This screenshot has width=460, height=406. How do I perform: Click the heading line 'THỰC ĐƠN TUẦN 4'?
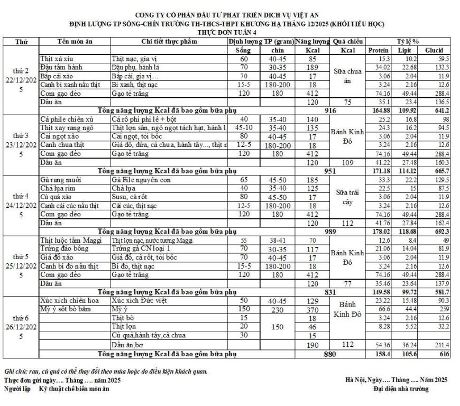[229, 32]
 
